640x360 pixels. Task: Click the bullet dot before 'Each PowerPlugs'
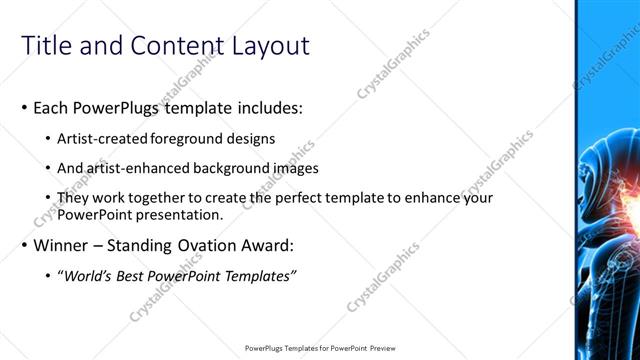(25, 107)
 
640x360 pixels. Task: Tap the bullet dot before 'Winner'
(25, 245)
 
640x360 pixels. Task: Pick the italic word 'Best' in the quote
(128, 275)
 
